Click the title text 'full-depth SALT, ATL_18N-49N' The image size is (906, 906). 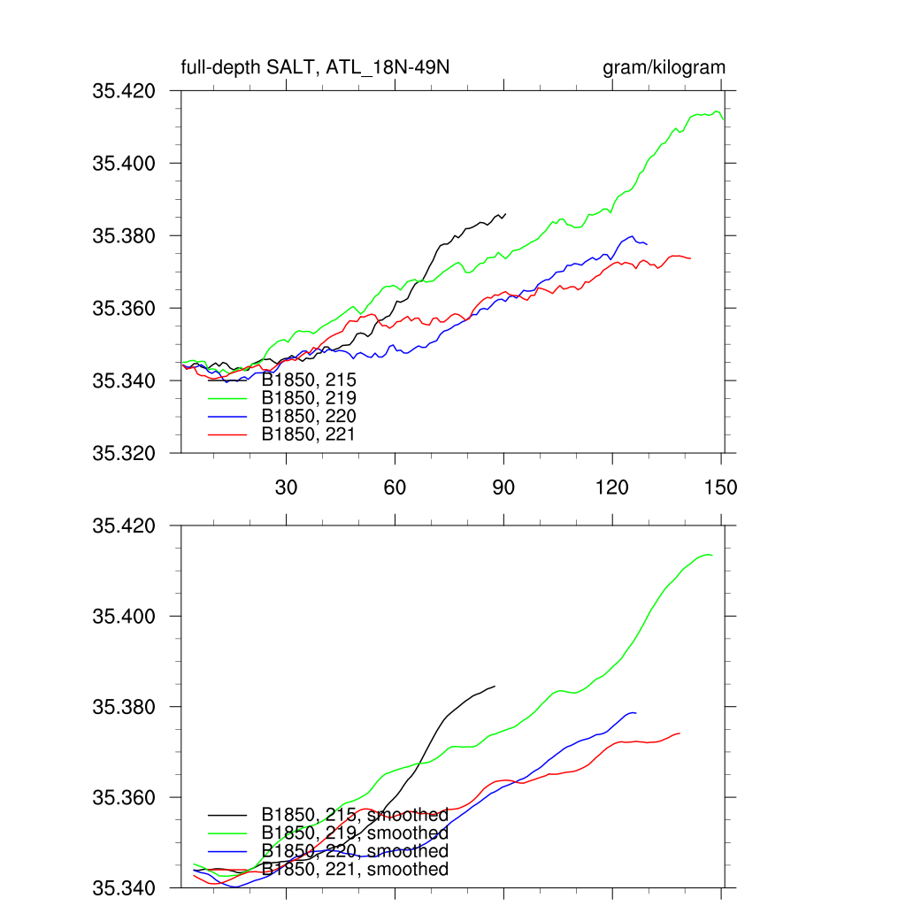coord(316,68)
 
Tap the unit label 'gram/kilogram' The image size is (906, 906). coord(664,68)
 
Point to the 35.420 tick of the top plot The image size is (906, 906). coord(124,91)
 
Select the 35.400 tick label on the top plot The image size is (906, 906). coord(124,164)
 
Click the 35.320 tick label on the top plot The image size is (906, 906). coord(124,454)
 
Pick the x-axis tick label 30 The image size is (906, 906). coord(286,488)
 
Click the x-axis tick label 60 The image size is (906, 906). coord(395,488)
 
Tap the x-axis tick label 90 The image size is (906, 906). coord(503,488)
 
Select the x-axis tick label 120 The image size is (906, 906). coord(612,488)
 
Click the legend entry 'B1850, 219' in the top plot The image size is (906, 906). coord(309,398)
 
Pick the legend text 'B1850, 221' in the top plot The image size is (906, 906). coord(309,434)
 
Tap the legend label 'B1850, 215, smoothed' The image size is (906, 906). coord(355,815)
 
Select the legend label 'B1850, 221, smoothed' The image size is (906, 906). coord(355,870)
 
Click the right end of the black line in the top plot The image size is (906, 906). coord(505,214)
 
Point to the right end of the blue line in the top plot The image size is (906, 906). coord(647,244)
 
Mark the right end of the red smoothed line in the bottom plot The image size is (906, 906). coord(679,733)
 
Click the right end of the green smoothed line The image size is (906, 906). coord(712,555)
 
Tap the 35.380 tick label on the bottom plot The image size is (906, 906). coord(124,707)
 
